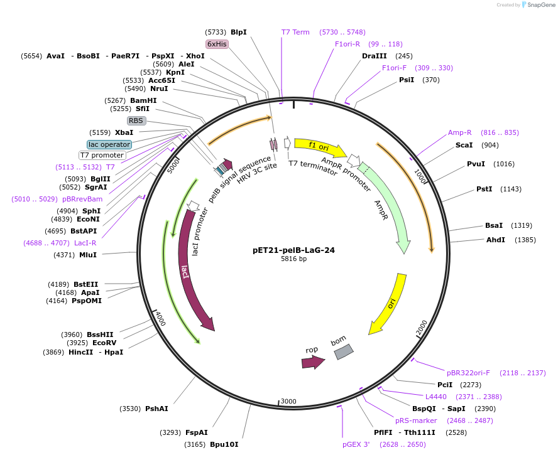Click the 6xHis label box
point(217,44)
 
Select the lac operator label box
point(109,144)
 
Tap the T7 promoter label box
point(102,155)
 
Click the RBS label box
point(136,120)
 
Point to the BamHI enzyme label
point(144,100)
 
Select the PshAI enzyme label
point(156,409)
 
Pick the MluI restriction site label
point(88,255)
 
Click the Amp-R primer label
point(460,132)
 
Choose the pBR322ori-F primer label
point(468,373)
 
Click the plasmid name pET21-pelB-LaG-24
point(293,250)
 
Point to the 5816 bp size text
point(293,259)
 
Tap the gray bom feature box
point(343,352)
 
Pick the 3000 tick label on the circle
point(288,401)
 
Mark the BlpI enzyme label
point(239,32)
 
